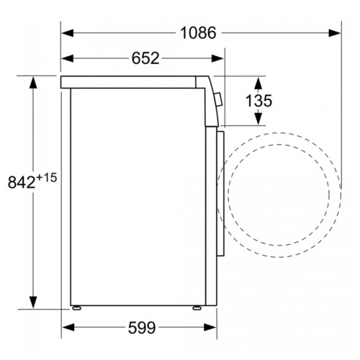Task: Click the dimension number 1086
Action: pyautogui.click(x=198, y=33)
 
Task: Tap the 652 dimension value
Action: pyautogui.click(x=145, y=58)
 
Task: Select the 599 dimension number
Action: pyautogui.click(x=142, y=328)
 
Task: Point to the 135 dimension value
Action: pyautogui.click(x=258, y=101)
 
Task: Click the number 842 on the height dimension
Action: pyautogui.click(x=22, y=182)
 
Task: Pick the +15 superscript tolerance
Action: pyautogui.click(x=47, y=178)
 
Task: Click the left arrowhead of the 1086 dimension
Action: pyautogui.click(x=68, y=33)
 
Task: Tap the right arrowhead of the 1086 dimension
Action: pyautogui.click(x=335, y=33)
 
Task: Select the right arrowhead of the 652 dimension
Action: pyautogui.click(x=217, y=58)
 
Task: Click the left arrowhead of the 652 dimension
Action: pyautogui.click(x=68, y=58)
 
